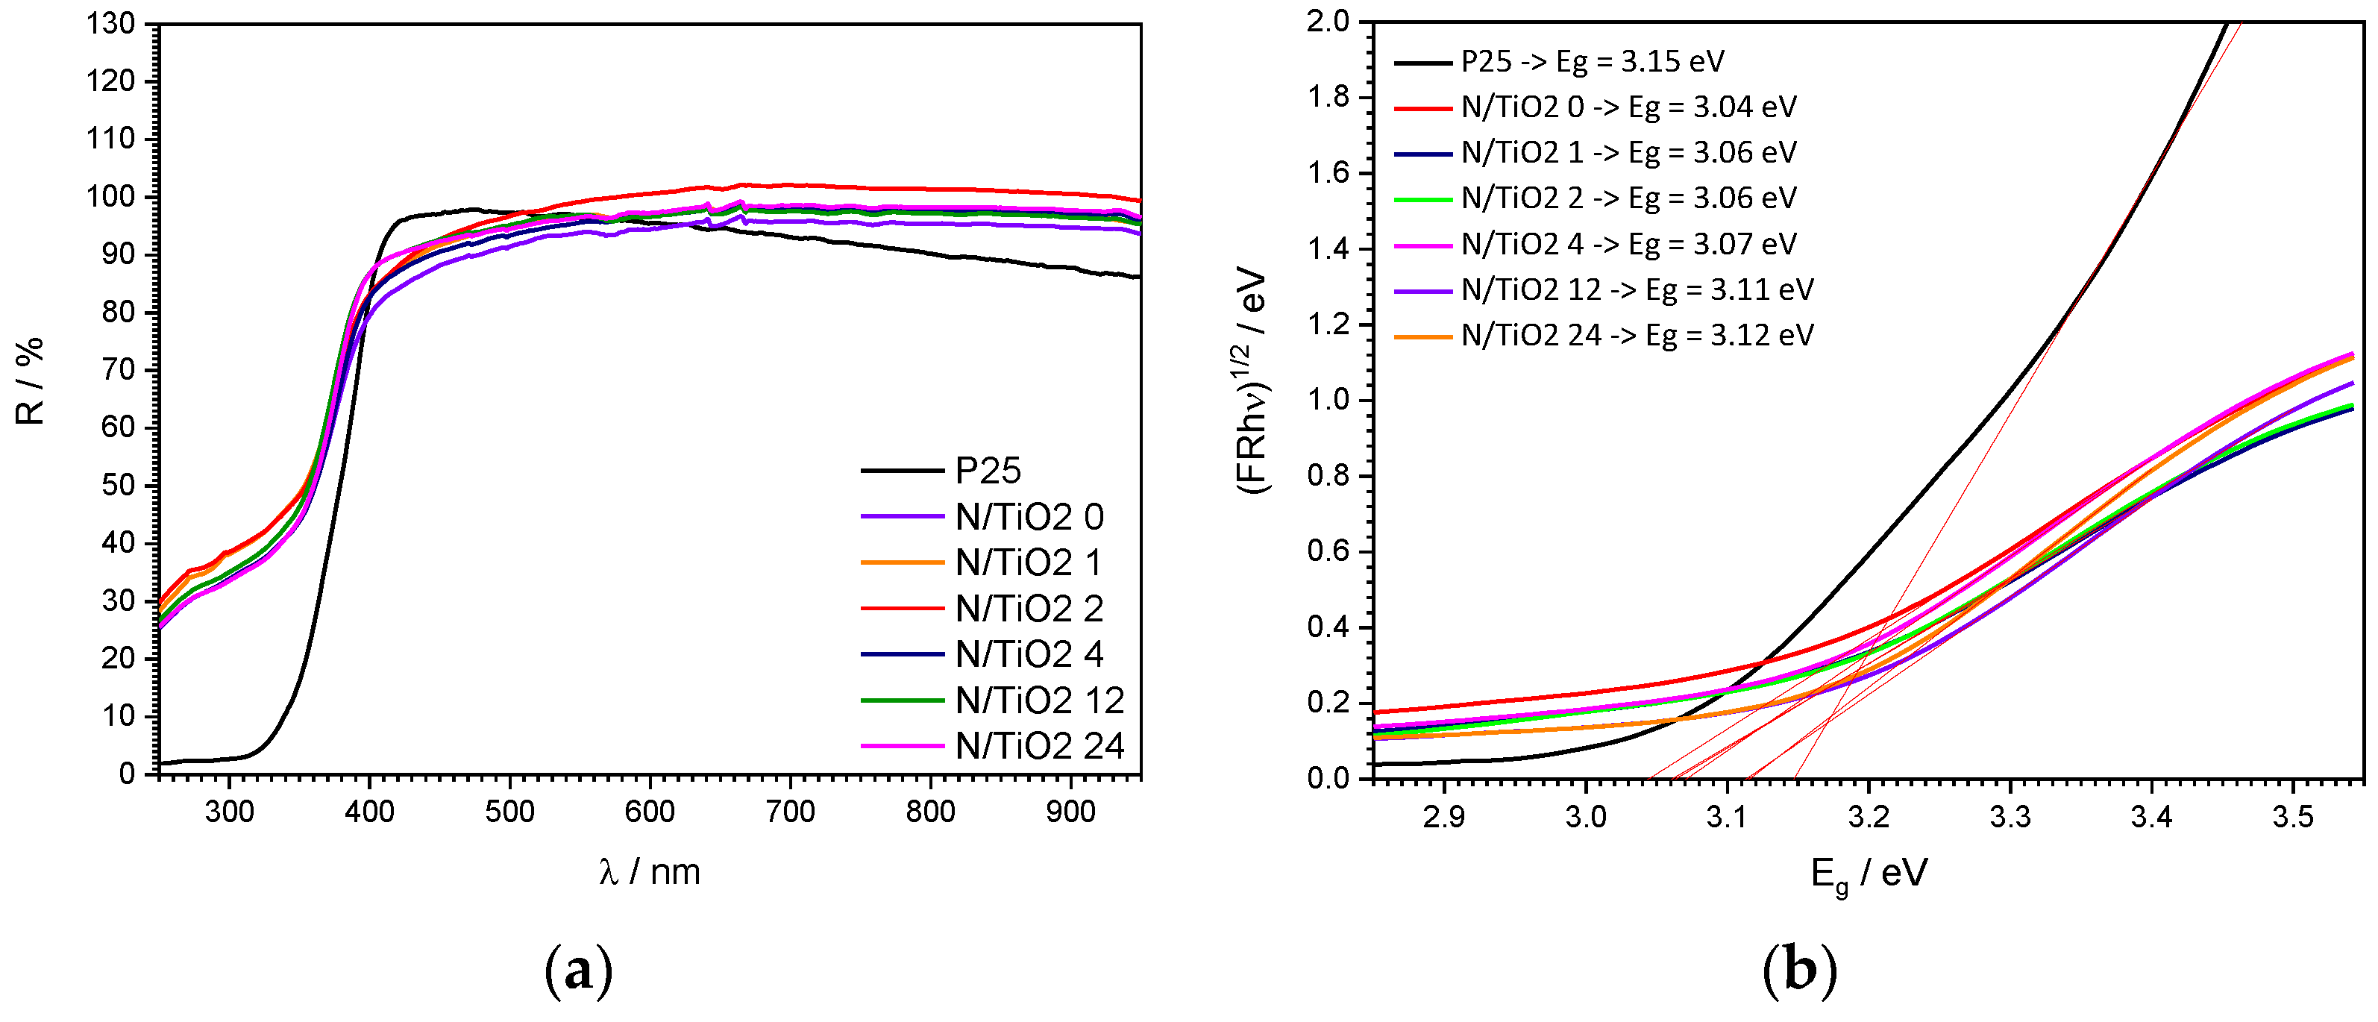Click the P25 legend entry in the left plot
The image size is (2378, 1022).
click(987, 471)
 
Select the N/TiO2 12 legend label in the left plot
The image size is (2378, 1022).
click(1040, 700)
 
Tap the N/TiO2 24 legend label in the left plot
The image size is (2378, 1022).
click(1040, 746)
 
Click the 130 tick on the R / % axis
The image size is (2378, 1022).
click(111, 23)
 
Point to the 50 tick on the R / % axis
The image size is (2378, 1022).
click(118, 485)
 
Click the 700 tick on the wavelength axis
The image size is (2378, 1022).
click(790, 812)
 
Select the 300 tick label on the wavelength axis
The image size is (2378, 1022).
click(229, 812)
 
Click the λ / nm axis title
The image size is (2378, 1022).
click(649, 871)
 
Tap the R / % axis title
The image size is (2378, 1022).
click(30, 381)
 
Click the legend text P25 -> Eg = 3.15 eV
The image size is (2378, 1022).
click(1593, 62)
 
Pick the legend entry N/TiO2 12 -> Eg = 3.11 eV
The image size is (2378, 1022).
click(1637, 290)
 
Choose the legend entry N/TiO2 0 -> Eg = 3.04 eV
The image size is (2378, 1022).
click(1628, 107)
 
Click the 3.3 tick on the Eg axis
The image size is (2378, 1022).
click(2010, 818)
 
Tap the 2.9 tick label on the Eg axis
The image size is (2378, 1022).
click(1443, 818)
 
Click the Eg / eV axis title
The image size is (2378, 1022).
click(1869, 874)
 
